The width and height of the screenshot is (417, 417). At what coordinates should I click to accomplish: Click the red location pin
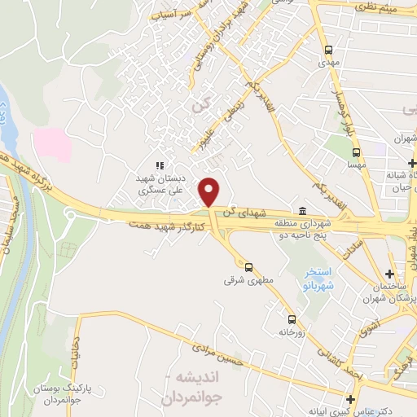tap(210, 192)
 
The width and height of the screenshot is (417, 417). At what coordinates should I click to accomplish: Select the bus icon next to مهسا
tap(356, 151)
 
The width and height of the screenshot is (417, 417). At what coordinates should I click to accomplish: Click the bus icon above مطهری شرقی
tap(248, 266)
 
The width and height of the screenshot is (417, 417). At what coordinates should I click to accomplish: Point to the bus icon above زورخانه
tap(291, 319)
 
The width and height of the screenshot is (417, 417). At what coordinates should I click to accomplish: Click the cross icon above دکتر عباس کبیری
tap(350, 399)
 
